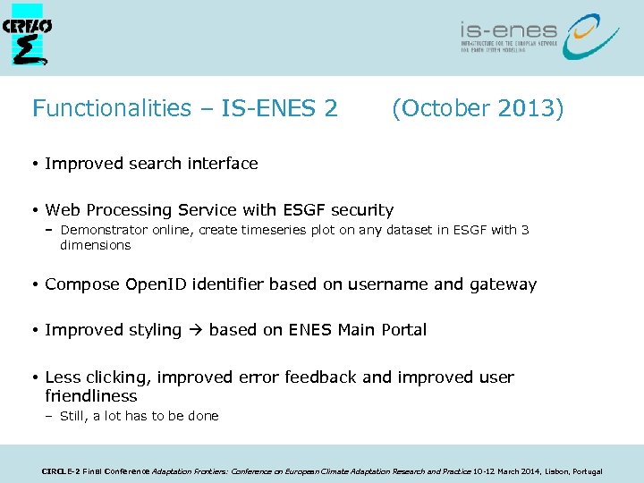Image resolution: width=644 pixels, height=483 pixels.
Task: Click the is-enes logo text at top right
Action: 508,31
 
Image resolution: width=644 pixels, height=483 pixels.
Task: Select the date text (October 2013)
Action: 478,109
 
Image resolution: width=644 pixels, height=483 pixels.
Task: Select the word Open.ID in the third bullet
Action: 155,284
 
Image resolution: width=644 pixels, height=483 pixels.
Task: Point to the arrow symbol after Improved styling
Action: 195,330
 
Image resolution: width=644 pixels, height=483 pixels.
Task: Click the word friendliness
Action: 91,396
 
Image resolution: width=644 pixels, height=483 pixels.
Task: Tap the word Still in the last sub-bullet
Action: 74,416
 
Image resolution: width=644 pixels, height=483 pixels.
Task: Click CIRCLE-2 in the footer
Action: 61,471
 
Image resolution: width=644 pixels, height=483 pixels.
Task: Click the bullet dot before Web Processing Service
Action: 33,211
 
